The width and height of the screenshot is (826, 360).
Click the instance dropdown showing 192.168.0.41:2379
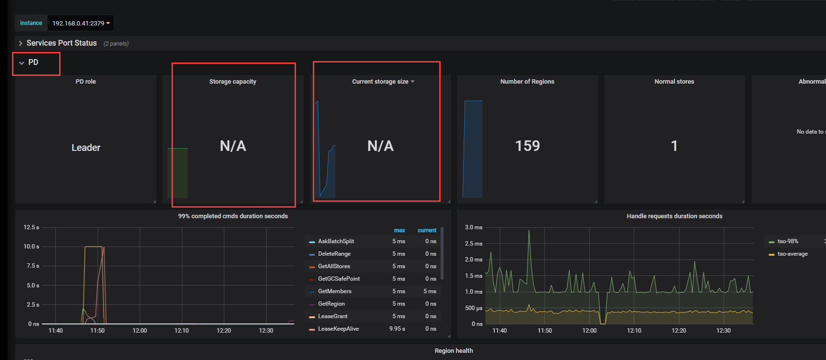click(81, 23)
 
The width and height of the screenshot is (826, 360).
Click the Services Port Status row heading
click(62, 43)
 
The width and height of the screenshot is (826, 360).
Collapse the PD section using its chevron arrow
click(22, 63)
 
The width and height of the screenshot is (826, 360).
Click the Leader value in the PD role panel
click(86, 148)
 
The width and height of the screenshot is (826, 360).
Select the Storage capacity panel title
click(233, 82)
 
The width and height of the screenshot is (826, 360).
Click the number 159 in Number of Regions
click(528, 146)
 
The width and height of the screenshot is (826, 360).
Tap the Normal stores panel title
click(674, 82)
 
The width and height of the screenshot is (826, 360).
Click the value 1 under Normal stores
click(674, 146)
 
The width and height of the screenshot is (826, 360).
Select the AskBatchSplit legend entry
click(336, 241)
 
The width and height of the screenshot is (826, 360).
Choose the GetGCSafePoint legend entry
click(339, 279)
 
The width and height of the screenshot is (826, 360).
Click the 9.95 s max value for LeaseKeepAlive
click(397, 329)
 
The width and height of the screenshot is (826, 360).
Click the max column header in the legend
click(399, 230)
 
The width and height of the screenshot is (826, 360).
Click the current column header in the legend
click(427, 230)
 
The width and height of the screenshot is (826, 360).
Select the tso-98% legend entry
click(788, 241)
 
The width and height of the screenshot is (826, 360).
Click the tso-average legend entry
click(792, 254)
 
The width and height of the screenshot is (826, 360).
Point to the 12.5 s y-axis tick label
click(31, 227)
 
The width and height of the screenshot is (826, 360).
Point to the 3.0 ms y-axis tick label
click(473, 227)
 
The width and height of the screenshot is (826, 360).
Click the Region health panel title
click(454, 351)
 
